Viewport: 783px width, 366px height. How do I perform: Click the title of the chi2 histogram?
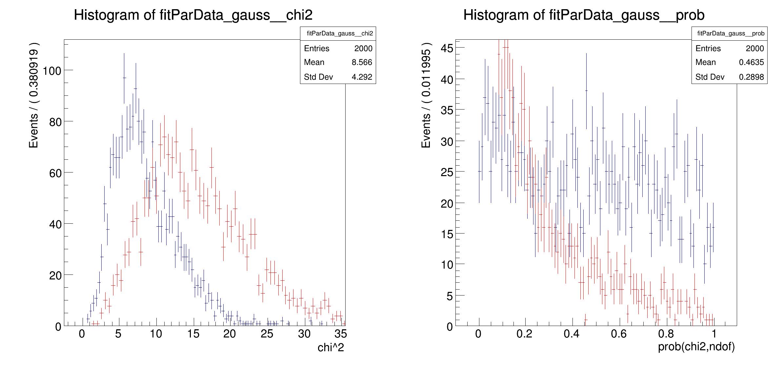193,15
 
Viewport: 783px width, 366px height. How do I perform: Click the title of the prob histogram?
584,15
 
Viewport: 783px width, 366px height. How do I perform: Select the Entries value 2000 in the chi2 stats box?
363,49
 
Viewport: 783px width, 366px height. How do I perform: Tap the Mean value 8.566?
362,62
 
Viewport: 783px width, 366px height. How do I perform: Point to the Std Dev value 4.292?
362,77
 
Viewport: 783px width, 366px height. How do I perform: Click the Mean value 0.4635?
751,62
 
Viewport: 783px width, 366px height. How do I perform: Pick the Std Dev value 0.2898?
751,77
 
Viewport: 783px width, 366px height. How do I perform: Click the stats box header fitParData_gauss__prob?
731,33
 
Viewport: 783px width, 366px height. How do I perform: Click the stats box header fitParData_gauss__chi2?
339,33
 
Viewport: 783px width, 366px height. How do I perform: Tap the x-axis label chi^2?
331,348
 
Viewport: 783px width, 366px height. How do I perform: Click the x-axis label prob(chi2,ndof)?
696,347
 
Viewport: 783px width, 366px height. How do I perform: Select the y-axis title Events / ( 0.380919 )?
34,95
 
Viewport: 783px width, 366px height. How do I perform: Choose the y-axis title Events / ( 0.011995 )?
426,95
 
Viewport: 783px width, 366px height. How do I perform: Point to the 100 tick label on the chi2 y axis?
52,71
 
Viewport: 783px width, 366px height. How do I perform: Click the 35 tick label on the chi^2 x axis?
340,334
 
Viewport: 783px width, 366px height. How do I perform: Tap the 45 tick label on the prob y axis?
447,49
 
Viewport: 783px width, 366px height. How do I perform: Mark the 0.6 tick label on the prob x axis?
618,334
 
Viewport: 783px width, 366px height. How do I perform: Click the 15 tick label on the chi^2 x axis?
193,334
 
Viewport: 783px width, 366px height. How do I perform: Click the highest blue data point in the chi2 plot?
124,78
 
